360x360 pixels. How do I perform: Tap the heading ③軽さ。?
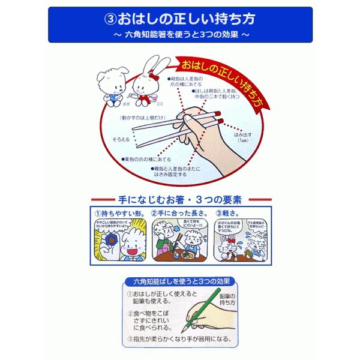[230, 213]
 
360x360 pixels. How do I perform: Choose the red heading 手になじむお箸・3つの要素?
[179, 199]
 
